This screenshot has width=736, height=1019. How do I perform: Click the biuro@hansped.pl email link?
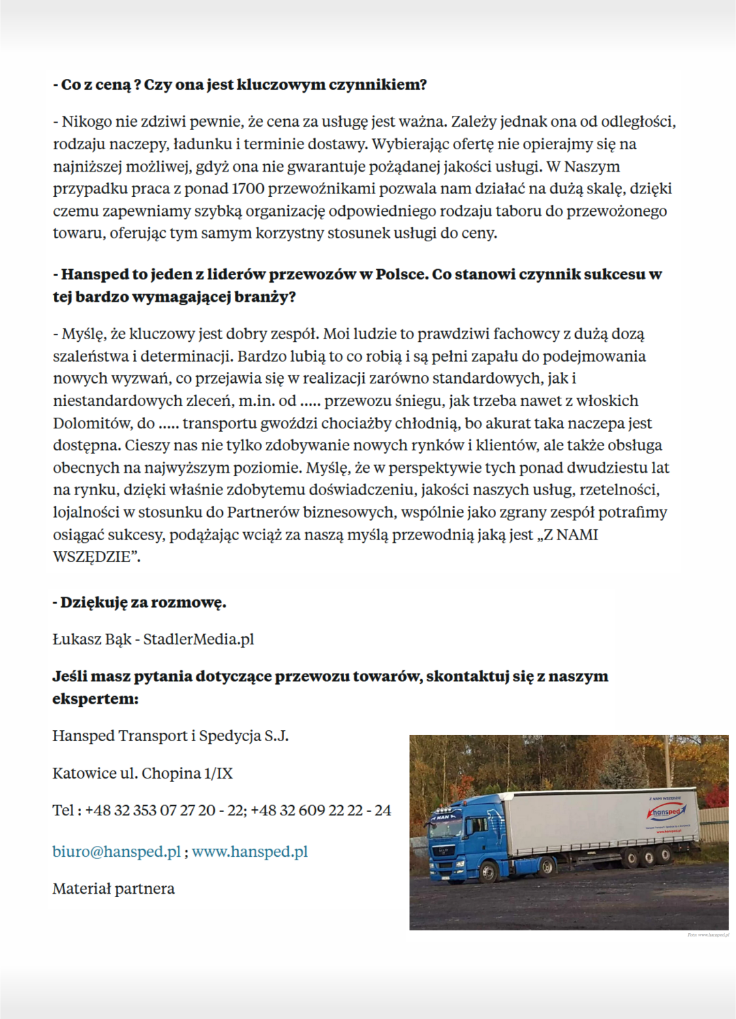(x=117, y=851)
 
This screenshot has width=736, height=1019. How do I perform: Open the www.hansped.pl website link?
(x=249, y=851)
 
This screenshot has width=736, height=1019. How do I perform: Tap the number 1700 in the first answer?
(x=249, y=189)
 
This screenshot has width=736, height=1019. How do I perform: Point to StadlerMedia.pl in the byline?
(x=198, y=639)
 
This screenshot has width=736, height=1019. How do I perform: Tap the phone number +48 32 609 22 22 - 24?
(x=320, y=810)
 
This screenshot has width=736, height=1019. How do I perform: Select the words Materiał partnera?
(x=113, y=888)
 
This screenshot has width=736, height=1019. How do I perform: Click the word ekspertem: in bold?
(x=95, y=699)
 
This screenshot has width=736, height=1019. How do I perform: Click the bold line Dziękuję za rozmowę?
(x=140, y=602)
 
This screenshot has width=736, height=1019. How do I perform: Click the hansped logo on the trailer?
(x=665, y=812)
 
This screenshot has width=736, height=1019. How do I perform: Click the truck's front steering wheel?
(x=488, y=871)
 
